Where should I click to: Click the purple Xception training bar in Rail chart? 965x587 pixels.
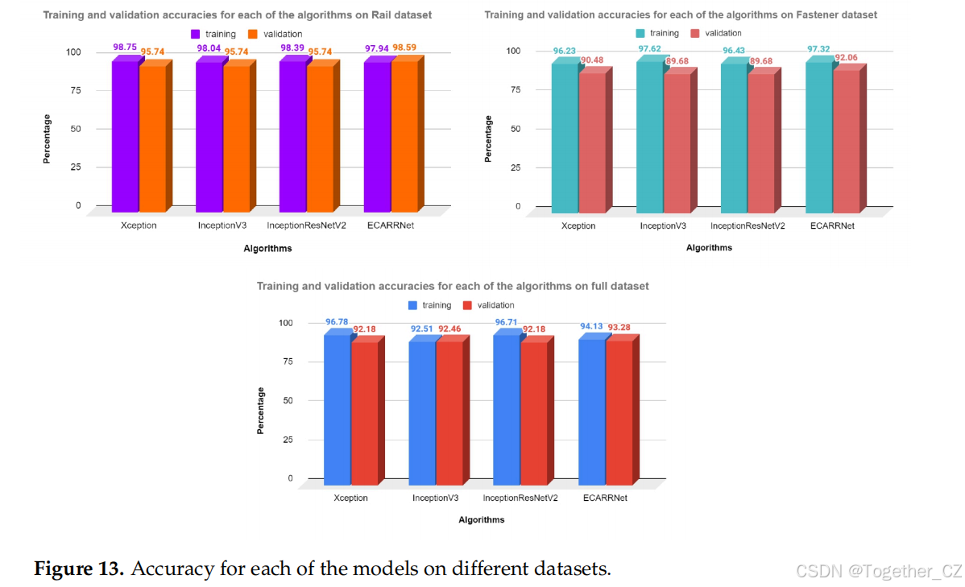[125, 137]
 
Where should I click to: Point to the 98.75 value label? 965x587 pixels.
[125, 48]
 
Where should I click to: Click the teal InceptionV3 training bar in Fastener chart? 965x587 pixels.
[649, 137]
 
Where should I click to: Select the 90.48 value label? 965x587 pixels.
[592, 59]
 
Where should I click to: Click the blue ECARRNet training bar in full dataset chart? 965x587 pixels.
[591, 411]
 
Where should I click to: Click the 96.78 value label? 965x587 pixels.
[337, 322]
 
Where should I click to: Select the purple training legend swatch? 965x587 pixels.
[196, 34]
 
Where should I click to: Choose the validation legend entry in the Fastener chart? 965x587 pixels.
[716, 33]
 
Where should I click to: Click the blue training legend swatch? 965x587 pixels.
[412, 305]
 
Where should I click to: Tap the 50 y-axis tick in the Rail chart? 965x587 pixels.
[76, 129]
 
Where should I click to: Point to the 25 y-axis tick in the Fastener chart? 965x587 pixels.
[517, 167]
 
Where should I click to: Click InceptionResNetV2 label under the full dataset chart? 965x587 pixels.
[520, 498]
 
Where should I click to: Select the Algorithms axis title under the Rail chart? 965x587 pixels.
[267, 248]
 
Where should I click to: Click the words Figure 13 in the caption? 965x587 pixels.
[79, 568]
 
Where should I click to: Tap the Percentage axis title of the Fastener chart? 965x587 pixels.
[488, 138]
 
